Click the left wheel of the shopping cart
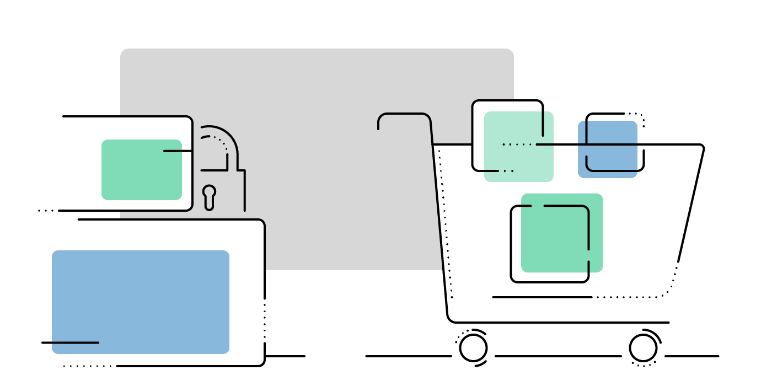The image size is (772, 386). (473, 348)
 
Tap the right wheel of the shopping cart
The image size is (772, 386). (643, 348)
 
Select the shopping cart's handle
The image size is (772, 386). (404, 115)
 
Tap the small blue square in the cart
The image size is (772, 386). (607, 149)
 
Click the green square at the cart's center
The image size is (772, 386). (562, 233)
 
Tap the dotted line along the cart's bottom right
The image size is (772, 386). (634, 297)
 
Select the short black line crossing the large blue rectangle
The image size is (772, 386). (70, 342)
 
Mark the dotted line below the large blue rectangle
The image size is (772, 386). (87, 366)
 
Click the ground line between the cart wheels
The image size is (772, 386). (557, 356)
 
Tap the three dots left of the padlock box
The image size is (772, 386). (46, 211)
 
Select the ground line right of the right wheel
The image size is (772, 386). (692, 356)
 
